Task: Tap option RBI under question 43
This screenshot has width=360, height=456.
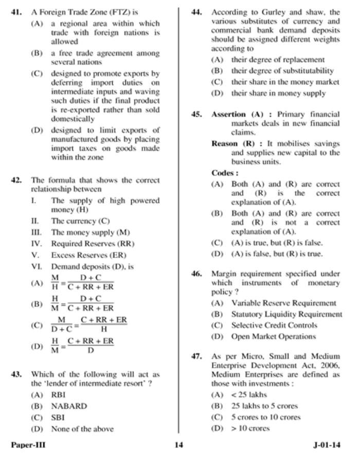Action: [58, 395]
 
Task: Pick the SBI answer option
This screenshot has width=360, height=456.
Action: [58, 417]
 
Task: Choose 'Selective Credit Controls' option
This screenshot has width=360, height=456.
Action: [274, 325]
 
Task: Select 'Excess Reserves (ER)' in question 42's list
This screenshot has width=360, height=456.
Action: [88, 255]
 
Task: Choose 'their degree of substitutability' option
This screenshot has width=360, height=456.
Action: [282, 71]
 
